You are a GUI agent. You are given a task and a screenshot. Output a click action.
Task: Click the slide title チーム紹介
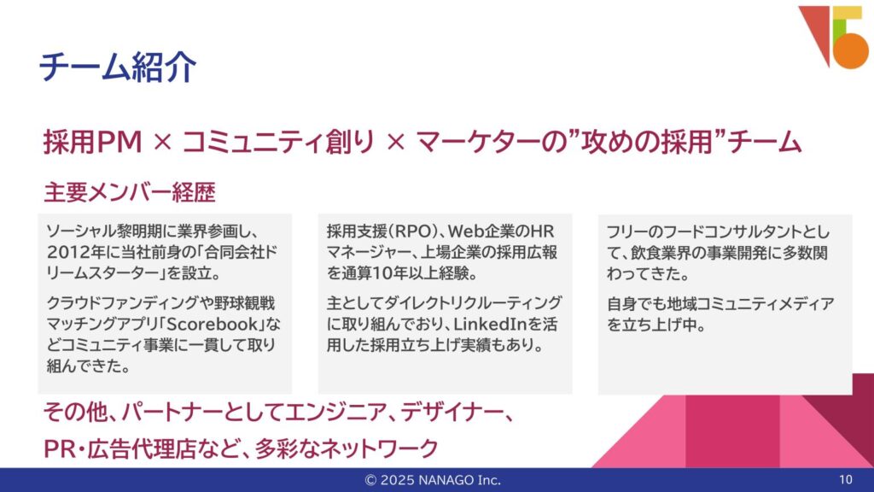point(118,67)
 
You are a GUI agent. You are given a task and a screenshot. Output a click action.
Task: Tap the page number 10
point(846,480)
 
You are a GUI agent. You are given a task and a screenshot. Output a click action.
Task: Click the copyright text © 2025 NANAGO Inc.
point(433,480)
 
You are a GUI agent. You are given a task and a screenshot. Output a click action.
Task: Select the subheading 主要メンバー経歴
point(130,192)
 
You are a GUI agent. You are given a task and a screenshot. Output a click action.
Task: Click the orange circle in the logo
point(851,50)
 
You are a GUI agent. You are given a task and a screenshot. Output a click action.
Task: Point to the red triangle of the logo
point(817,28)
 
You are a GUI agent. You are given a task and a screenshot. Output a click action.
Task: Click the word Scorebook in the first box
point(213,324)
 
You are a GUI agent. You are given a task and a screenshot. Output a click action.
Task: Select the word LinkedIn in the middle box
point(491,324)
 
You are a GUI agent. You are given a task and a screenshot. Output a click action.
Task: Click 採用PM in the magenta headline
point(92,142)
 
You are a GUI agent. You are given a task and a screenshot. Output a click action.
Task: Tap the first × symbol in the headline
point(162,143)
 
